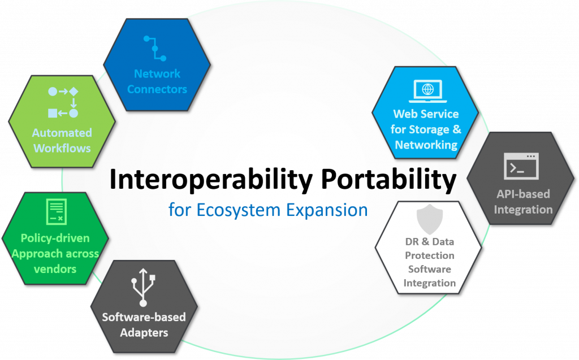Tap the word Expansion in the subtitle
327,210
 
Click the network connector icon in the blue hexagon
155,49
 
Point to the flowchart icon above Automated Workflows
63,102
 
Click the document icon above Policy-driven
57,211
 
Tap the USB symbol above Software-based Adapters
143,287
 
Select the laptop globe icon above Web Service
427,91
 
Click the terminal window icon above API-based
521,166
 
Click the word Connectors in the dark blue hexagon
157,89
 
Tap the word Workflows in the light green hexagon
62,149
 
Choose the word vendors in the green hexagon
55,269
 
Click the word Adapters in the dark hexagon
144,333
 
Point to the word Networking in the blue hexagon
426,145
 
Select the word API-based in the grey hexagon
523,194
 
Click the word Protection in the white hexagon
430,255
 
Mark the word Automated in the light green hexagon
62,133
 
